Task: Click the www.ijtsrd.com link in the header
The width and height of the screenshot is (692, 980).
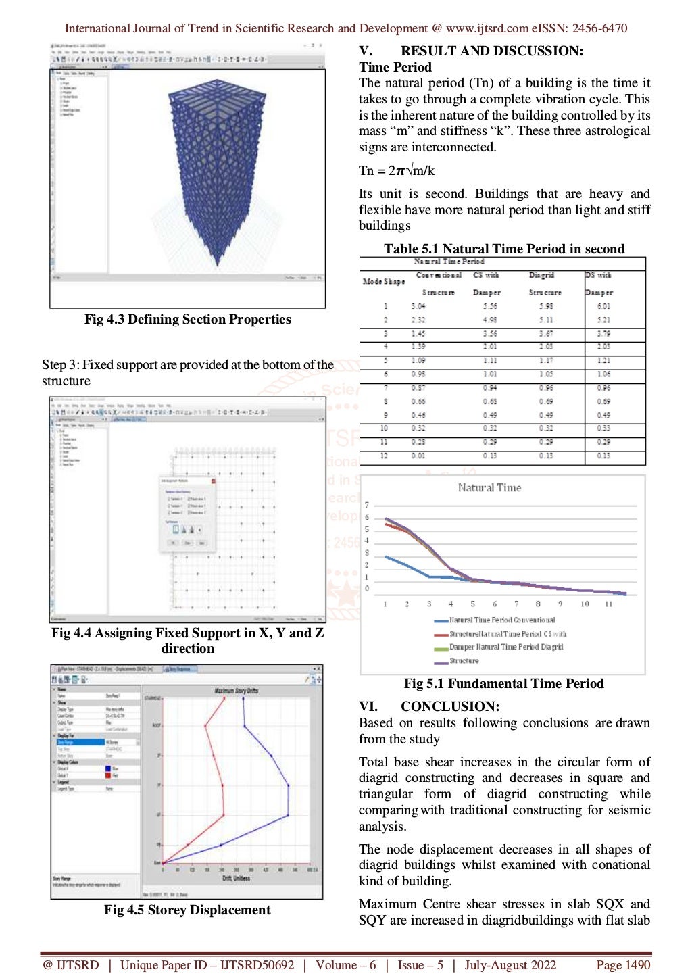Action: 487,28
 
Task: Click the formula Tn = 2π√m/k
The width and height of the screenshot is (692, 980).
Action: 397,170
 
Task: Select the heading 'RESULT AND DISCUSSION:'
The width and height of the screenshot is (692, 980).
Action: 491,51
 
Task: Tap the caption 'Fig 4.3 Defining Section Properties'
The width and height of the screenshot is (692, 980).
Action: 187,319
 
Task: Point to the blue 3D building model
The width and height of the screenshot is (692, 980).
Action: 216,169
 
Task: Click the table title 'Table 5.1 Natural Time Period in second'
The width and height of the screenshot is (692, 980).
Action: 504,249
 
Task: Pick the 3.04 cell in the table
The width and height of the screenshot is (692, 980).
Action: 418,306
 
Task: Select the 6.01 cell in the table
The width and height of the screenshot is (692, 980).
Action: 603,306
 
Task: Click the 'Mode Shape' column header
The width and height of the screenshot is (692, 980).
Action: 383,281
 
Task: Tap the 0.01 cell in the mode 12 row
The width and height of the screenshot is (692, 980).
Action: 418,456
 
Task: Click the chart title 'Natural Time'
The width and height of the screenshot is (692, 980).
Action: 489,487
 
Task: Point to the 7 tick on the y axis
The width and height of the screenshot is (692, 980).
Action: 367,505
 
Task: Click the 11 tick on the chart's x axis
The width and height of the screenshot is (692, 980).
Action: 608,604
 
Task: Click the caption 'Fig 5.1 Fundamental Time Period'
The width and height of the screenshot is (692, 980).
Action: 503,683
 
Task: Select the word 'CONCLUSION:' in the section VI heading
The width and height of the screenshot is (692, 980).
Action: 450,706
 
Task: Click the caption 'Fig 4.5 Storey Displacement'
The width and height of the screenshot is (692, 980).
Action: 187,910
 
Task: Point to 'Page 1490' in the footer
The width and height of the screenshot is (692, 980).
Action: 622,965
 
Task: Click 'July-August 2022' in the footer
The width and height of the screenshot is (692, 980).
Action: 510,965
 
